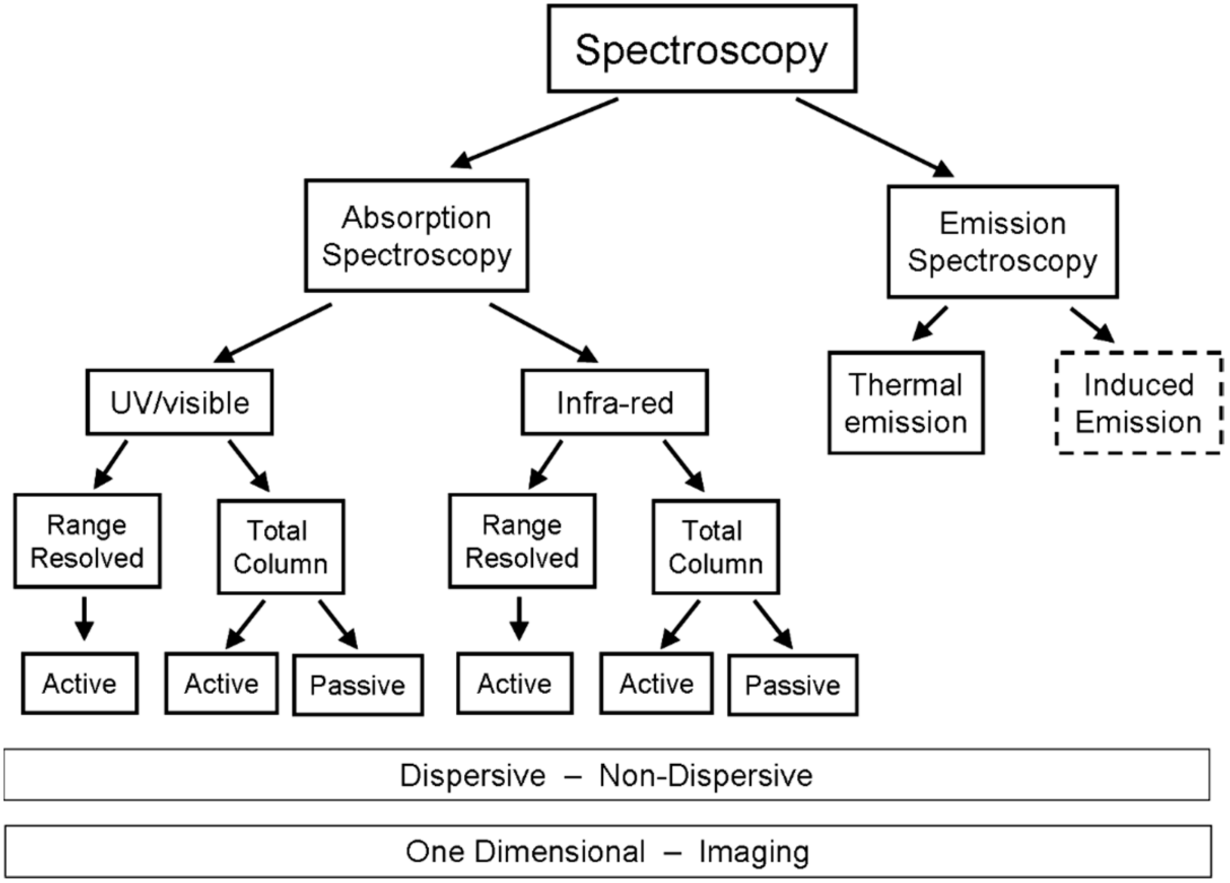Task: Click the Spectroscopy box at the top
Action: tap(702, 49)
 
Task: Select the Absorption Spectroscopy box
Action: tap(417, 235)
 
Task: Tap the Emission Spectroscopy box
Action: tap(1002, 242)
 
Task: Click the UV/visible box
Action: tap(180, 402)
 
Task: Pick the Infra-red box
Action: tap(614, 402)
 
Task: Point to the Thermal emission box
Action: tap(906, 402)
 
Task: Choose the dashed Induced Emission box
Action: tap(1139, 402)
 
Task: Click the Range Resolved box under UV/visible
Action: tap(87, 541)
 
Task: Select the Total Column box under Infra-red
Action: tap(715, 547)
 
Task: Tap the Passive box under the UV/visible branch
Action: tap(358, 685)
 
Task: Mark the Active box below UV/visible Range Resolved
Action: tap(80, 684)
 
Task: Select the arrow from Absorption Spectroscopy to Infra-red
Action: tap(542, 332)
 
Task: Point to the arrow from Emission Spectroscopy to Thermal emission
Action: tap(931, 323)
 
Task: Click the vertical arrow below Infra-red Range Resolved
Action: tap(519, 618)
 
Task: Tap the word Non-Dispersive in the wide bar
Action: tap(705, 775)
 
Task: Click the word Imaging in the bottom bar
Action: tap(754, 851)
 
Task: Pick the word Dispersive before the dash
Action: tap(472, 775)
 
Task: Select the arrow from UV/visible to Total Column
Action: tap(249, 465)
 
